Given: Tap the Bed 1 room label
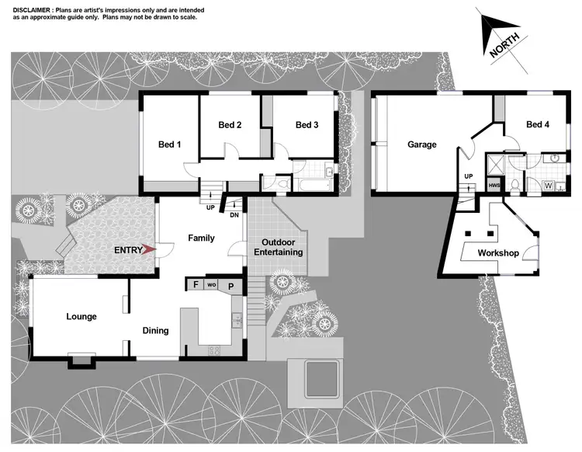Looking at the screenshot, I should (x=169, y=144).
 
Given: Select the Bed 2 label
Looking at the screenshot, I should (x=230, y=125).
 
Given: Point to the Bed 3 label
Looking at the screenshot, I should (x=307, y=125).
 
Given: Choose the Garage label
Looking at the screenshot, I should (x=422, y=144).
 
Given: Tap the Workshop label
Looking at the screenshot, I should (x=497, y=253).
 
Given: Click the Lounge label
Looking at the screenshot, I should (x=81, y=317).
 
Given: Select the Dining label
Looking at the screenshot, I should (x=155, y=331).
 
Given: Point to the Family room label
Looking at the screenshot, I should (x=202, y=238).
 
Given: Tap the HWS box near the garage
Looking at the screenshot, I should (x=494, y=186).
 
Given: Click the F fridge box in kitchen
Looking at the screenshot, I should (x=196, y=285).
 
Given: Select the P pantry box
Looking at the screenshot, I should (x=230, y=286).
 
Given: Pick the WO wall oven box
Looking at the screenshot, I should (x=212, y=285).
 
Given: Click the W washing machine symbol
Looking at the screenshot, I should (x=549, y=186).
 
